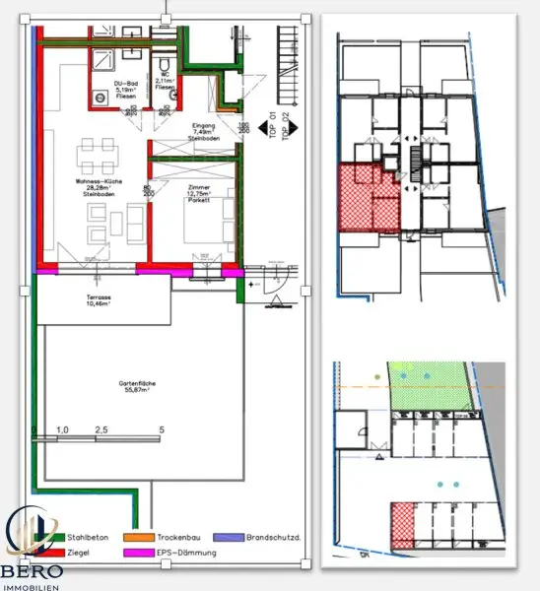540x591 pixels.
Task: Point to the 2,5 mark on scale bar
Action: click(x=101, y=430)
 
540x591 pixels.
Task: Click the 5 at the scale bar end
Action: click(x=162, y=430)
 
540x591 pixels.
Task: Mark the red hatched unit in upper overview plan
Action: click(x=367, y=198)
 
